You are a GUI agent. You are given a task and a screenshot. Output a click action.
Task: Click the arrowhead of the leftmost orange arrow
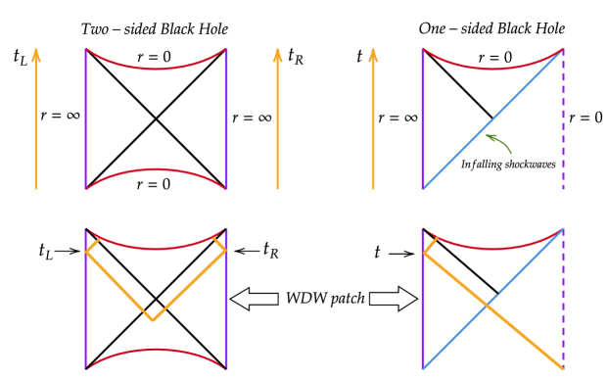tap(36, 55)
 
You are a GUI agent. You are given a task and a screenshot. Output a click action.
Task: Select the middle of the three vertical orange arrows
tap(277, 118)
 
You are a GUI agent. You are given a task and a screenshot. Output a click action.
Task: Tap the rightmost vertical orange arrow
tap(373, 118)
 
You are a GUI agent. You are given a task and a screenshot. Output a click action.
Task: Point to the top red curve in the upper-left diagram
tap(156, 69)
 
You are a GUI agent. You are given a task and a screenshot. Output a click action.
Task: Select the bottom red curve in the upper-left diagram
tap(156, 170)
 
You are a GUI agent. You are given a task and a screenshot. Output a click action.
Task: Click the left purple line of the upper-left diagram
tap(86, 118)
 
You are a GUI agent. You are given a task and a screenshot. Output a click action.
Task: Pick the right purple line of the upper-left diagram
tap(226, 118)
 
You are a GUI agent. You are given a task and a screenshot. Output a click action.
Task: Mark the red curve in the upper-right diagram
tap(492, 69)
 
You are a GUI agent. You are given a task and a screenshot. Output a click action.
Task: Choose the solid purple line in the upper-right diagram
tap(423, 118)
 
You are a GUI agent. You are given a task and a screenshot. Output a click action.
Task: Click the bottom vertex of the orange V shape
tap(153, 319)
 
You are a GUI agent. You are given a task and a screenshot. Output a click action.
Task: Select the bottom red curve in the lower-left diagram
tap(156, 351)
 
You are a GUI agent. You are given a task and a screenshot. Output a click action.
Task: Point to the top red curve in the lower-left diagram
tap(156, 248)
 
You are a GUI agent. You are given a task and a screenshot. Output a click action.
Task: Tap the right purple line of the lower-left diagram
tap(226, 304)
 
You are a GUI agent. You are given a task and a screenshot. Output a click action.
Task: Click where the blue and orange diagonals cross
tap(487, 305)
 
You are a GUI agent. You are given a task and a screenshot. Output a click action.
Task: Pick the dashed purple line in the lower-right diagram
tap(563, 294)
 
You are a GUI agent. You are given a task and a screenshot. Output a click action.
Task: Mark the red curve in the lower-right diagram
tap(492, 249)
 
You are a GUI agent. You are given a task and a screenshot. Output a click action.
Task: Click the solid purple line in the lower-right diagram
tap(423, 313)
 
